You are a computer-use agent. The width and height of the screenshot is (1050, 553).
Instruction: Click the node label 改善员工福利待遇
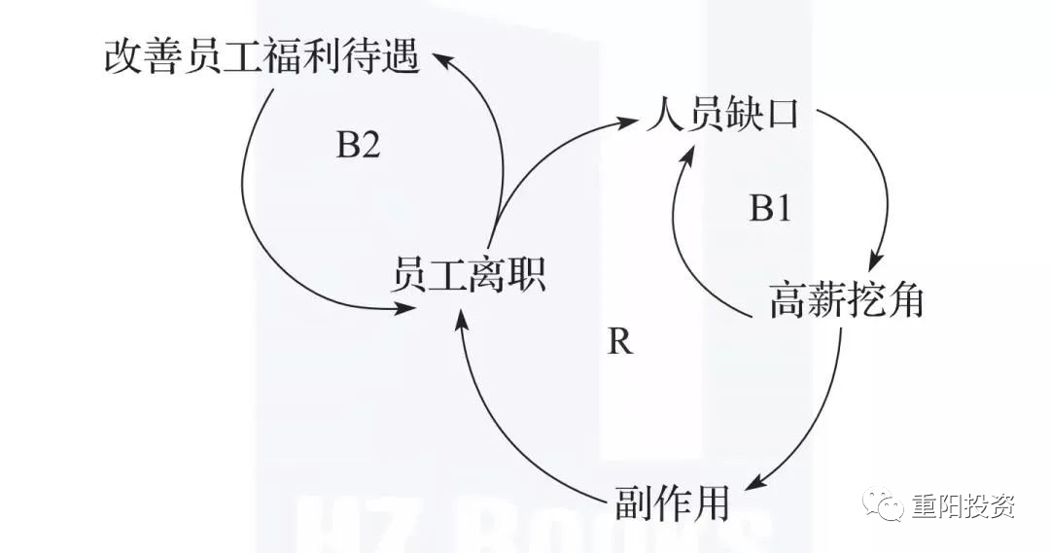[262, 56]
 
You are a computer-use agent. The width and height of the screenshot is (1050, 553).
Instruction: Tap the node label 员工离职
[468, 276]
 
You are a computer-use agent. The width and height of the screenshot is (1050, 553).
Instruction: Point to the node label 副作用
[672, 502]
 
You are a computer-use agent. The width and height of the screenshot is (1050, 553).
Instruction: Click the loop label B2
[358, 146]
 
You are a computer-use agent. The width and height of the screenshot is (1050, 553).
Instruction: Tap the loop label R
[619, 342]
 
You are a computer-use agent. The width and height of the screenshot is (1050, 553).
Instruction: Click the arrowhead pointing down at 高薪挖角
[874, 262]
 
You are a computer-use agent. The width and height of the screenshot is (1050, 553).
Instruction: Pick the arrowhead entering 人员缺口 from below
[692, 148]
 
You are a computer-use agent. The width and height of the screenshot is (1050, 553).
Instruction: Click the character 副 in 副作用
[633, 502]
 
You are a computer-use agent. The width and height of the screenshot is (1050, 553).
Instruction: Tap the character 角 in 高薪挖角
[904, 302]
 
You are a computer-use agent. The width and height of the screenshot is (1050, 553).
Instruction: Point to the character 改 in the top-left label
[122, 56]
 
